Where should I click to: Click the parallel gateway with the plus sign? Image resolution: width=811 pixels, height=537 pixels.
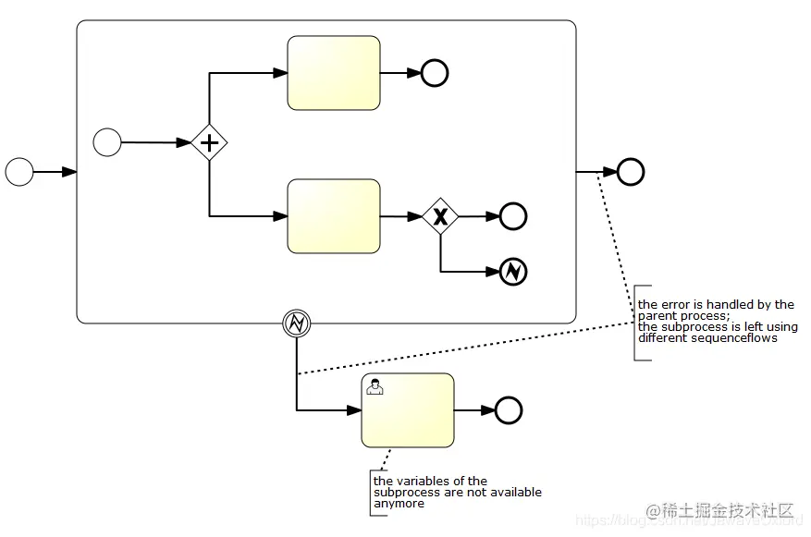210,142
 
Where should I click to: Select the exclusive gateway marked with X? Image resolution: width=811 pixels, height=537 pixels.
440,216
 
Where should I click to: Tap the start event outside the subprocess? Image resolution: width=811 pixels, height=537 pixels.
19,171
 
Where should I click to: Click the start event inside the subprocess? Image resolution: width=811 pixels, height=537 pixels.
107,142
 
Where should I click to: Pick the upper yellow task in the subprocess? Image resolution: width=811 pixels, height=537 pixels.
334,73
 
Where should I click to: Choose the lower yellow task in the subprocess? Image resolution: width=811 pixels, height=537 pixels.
334,216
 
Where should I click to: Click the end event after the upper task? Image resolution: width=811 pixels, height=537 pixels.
435,73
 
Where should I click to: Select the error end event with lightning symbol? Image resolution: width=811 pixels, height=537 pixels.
512,272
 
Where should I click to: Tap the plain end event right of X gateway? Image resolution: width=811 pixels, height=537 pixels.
512,216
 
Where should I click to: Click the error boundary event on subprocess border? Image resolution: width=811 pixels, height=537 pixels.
296,323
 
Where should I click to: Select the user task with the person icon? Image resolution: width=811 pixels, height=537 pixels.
408,410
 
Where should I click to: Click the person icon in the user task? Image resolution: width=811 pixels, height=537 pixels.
375,387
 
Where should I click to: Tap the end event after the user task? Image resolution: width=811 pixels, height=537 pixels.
509,410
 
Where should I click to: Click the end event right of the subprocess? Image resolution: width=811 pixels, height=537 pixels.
631,172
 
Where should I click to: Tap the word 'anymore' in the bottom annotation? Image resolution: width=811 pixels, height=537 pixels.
399,504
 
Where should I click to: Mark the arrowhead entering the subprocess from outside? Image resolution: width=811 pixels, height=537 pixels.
69,172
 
